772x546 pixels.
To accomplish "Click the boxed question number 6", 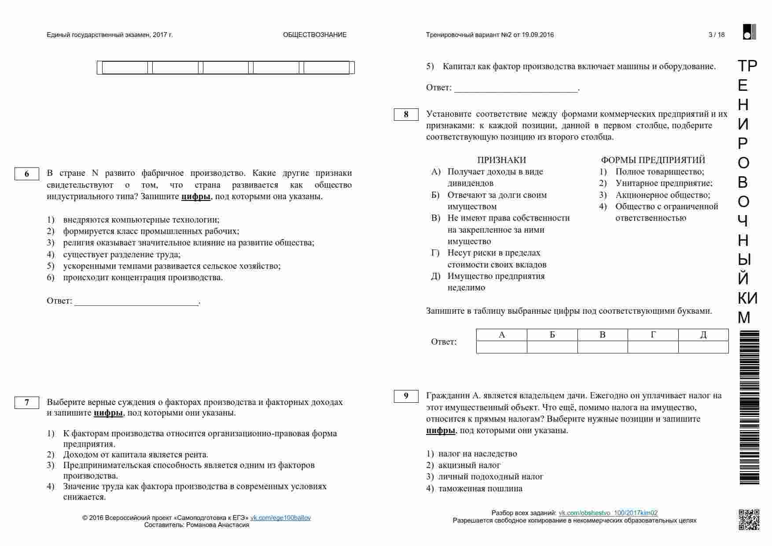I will click(x=26, y=174).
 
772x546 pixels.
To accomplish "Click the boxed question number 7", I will click(x=26, y=402).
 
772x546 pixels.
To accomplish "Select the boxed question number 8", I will click(x=406, y=115).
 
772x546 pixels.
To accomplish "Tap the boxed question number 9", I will click(x=406, y=396).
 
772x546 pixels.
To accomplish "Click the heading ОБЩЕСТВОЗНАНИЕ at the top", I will click(x=315, y=35).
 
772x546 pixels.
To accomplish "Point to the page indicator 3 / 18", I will click(x=717, y=35).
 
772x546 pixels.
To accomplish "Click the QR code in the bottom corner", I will click(x=749, y=520).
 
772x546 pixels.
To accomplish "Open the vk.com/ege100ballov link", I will click(x=280, y=518).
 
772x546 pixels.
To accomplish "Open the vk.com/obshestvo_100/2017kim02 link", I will click(x=608, y=513).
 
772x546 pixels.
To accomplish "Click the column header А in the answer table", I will click(x=502, y=335).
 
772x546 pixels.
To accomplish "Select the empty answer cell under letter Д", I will click(x=703, y=347).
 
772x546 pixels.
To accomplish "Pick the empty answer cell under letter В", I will click(x=603, y=347).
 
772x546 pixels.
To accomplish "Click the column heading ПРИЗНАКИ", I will click(x=501, y=160).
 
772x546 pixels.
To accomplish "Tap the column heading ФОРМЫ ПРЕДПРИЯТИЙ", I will click(x=653, y=160).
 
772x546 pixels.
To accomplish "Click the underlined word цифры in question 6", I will click(x=196, y=197).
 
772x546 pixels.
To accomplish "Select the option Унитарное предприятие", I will click(x=663, y=183).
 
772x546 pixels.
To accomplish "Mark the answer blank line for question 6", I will click(x=136, y=302).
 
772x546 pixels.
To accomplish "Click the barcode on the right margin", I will click(x=749, y=408).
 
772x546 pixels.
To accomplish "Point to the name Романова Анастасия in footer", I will click(x=217, y=525).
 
